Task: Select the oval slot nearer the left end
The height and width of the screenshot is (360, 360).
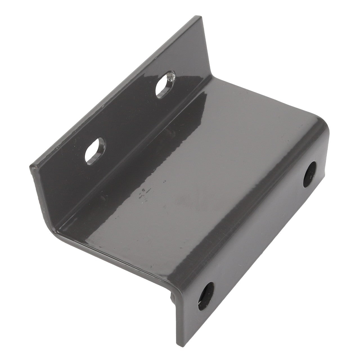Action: pyautogui.click(x=95, y=151)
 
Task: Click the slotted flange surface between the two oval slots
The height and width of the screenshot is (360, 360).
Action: pyautogui.click(x=129, y=118)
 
